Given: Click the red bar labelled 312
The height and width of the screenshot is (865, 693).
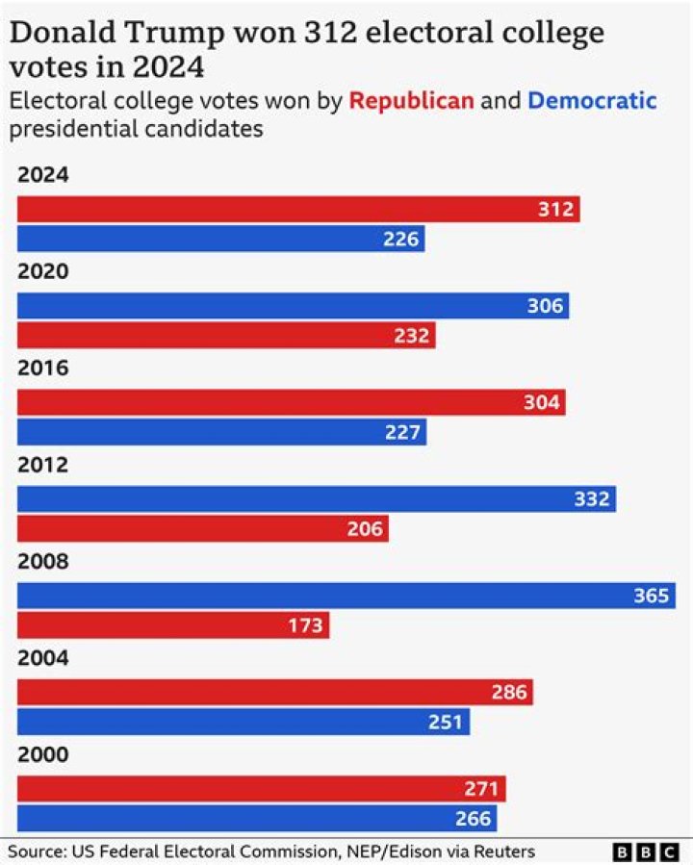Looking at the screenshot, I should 298,210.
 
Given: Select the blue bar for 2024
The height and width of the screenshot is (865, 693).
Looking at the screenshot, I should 221,239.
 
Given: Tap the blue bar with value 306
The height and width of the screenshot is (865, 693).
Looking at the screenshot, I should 294,306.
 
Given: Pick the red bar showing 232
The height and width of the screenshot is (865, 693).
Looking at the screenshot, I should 226,336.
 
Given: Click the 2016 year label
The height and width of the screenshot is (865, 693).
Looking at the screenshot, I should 43,369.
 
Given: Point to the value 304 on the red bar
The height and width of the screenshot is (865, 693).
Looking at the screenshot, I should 541,402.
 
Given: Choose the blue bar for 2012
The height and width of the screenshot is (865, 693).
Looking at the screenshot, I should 317,498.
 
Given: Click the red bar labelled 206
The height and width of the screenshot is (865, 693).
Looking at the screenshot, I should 203,528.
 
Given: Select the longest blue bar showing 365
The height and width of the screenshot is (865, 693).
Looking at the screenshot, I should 346,596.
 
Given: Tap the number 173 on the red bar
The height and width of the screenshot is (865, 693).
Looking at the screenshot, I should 306,625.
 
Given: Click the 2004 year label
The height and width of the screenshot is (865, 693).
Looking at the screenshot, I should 43,658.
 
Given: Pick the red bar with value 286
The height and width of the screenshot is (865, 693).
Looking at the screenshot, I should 275,692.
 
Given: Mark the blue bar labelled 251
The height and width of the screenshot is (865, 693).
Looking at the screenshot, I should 244,722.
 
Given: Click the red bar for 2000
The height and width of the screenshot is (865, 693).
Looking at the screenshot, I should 262,789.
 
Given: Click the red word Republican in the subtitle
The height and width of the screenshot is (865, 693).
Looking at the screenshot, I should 411,100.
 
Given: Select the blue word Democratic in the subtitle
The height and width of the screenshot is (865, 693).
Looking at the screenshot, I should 592,100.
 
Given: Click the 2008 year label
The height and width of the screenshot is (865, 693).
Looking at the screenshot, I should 43,562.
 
